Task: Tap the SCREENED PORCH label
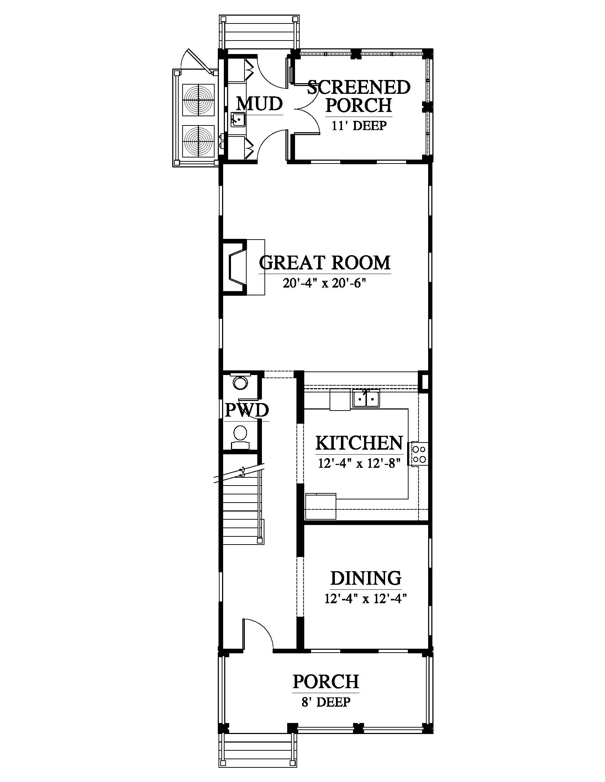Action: point(359,96)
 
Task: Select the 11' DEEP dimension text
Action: point(359,126)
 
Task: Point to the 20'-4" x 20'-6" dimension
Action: point(324,283)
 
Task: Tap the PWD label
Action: point(247,410)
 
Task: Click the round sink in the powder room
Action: point(241,382)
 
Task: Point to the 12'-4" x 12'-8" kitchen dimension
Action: point(359,463)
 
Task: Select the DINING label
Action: point(365,578)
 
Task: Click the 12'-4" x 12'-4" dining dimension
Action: point(365,598)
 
